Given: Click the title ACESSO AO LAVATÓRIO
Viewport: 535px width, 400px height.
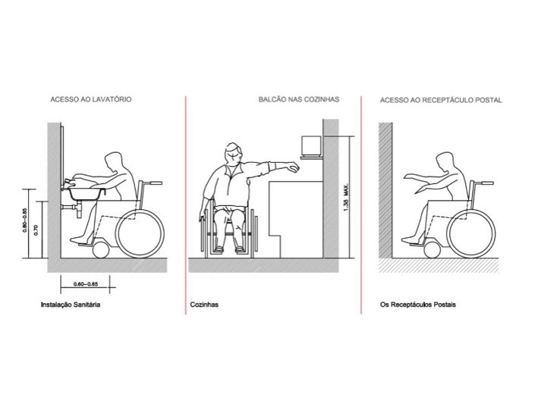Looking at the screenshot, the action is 91,99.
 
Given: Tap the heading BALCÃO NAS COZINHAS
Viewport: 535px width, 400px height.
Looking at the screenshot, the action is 299,99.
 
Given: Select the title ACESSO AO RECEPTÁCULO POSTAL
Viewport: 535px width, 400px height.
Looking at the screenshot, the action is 441,100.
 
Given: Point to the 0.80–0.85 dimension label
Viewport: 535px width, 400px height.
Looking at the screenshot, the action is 25,220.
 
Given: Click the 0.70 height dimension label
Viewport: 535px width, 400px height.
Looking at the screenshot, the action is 36,230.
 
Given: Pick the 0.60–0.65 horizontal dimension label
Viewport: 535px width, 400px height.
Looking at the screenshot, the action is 85,284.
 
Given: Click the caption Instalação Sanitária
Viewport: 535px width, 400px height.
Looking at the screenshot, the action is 71,305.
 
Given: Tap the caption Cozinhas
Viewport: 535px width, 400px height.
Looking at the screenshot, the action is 204,305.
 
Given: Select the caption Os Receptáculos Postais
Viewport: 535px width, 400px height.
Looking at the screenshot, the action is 418,305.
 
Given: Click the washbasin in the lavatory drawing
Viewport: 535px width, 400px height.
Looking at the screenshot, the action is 86,193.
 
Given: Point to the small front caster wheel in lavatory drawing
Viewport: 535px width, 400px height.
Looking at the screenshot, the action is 101,250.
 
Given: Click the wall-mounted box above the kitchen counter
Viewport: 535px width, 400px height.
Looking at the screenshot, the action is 311,145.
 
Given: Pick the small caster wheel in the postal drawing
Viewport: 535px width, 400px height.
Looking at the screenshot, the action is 432,250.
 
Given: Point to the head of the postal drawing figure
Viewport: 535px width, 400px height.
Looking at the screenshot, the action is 445,162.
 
